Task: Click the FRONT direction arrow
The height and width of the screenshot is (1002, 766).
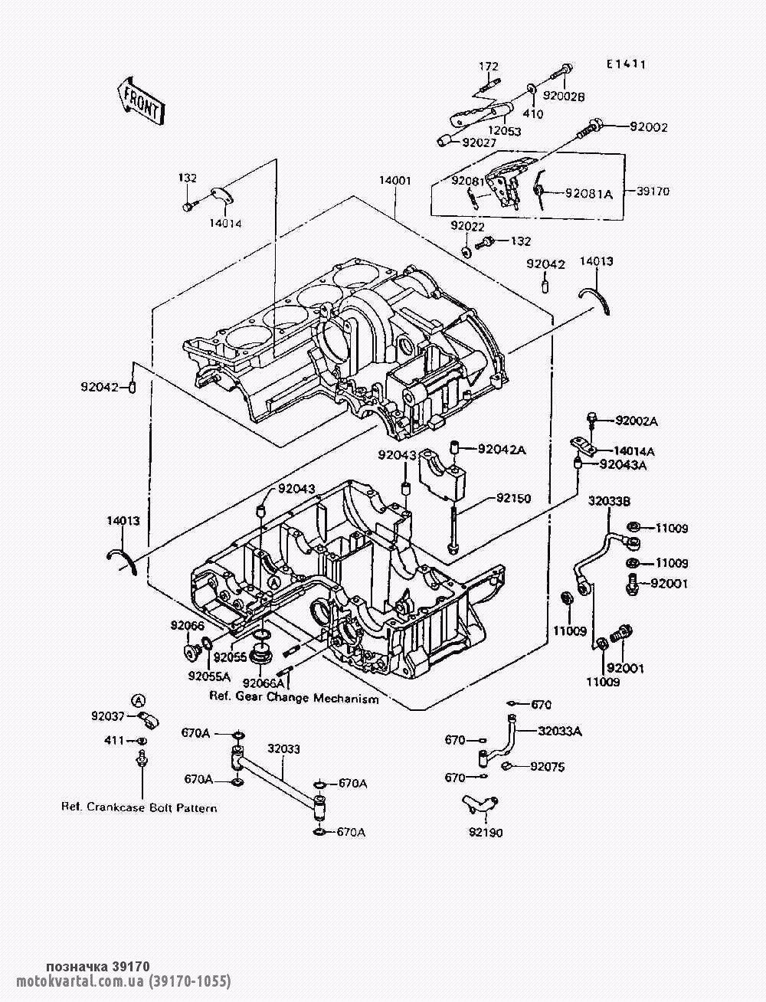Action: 139,101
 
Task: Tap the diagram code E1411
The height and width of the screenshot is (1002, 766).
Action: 626,65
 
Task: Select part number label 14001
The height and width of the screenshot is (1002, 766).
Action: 394,181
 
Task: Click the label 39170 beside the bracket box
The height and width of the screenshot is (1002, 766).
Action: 653,192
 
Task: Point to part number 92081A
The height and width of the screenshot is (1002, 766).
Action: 589,194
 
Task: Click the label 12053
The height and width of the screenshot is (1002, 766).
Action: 505,131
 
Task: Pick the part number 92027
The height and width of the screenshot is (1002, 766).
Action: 479,143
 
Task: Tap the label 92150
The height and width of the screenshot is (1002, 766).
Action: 513,498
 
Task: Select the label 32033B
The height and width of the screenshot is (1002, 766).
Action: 609,501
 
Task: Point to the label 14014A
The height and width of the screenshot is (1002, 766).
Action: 634,451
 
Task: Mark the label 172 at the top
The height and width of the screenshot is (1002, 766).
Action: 489,67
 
